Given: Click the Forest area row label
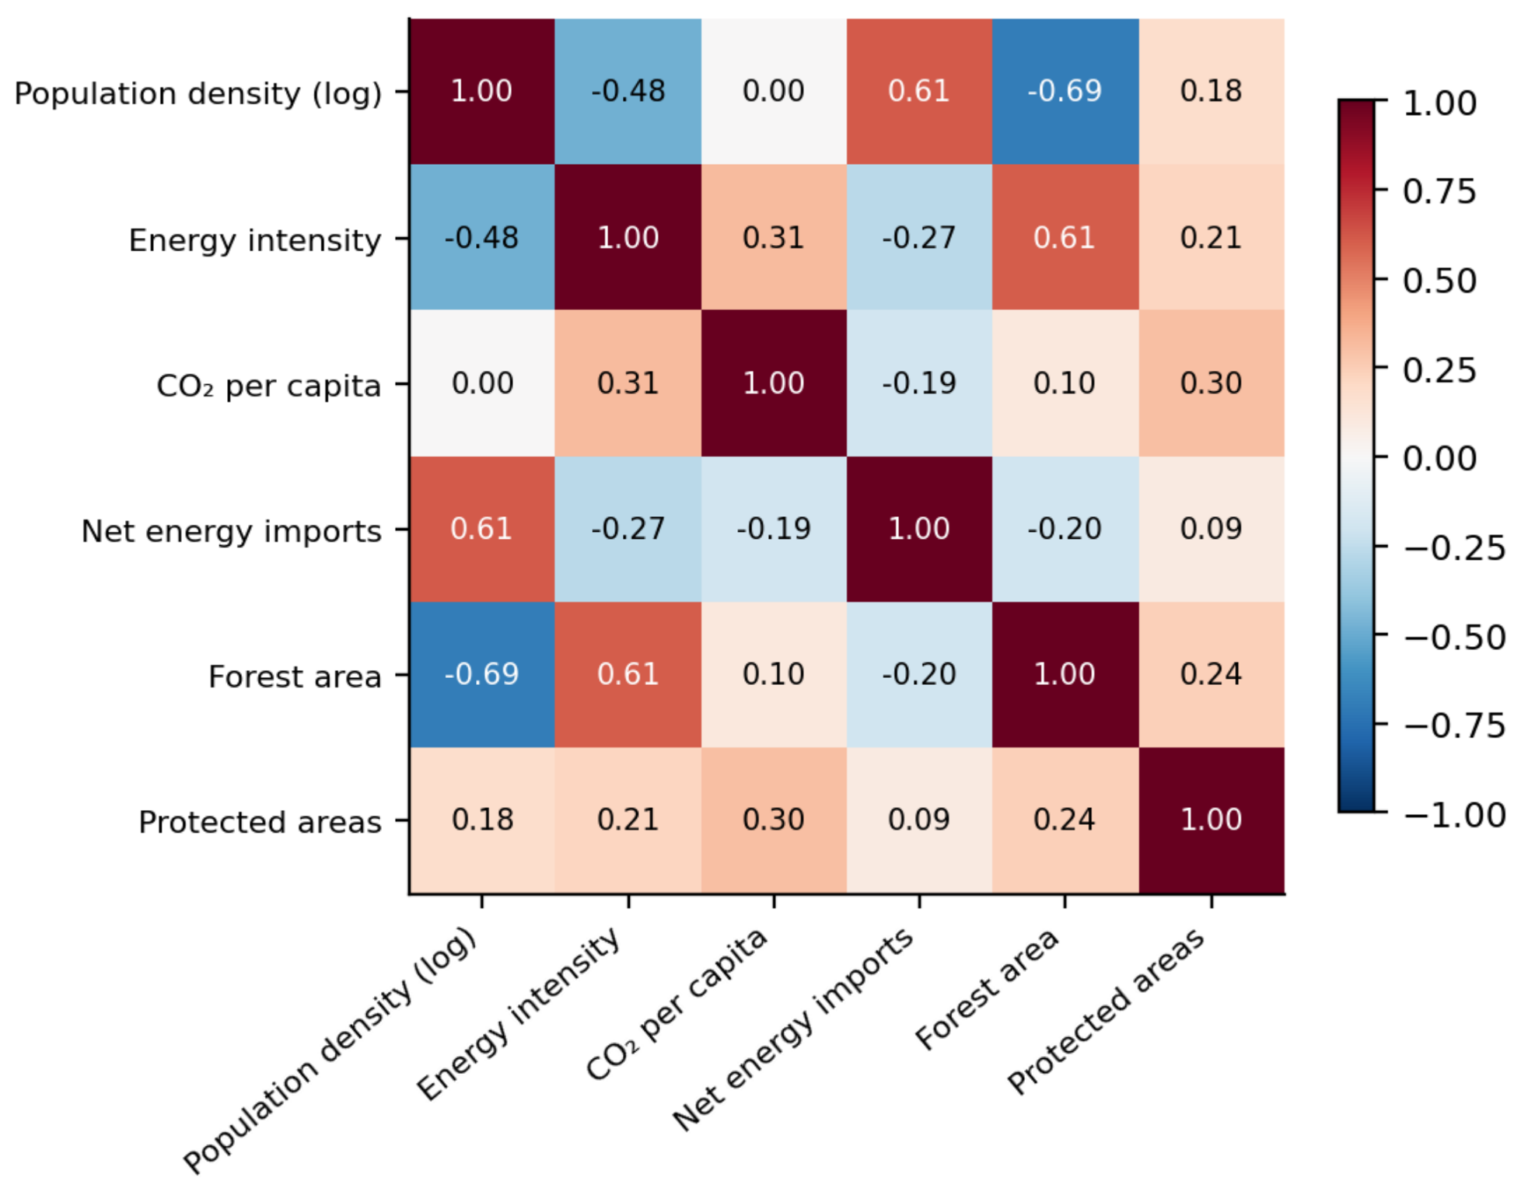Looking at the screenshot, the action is click(295, 676).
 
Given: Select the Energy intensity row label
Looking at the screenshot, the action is click(255, 240).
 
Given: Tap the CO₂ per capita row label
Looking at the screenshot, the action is click(269, 386).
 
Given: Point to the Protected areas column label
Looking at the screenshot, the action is click(1107, 1011).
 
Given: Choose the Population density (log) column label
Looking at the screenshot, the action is click(330, 1050).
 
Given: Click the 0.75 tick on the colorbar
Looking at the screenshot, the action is click(1439, 191).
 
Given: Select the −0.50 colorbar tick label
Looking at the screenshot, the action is click(1455, 638).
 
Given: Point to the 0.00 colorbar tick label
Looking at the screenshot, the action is click(1439, 459).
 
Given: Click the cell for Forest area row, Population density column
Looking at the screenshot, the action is click(482, 674).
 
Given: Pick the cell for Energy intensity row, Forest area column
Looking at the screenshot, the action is click(1065, 237).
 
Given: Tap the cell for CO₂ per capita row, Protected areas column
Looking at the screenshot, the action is click(1212, 383).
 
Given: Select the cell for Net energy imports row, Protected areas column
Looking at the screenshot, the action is click(1212, 529).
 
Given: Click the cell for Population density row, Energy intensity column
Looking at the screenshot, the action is click(628, 91).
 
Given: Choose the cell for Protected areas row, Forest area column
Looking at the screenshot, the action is click(1065, 820).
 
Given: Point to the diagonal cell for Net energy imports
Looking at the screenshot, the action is click(920, 529).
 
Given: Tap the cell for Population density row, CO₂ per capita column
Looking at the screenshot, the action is click(774, 91).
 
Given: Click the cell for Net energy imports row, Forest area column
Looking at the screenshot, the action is click(1065, 529).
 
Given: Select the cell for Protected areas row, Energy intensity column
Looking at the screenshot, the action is click(628, 820).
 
